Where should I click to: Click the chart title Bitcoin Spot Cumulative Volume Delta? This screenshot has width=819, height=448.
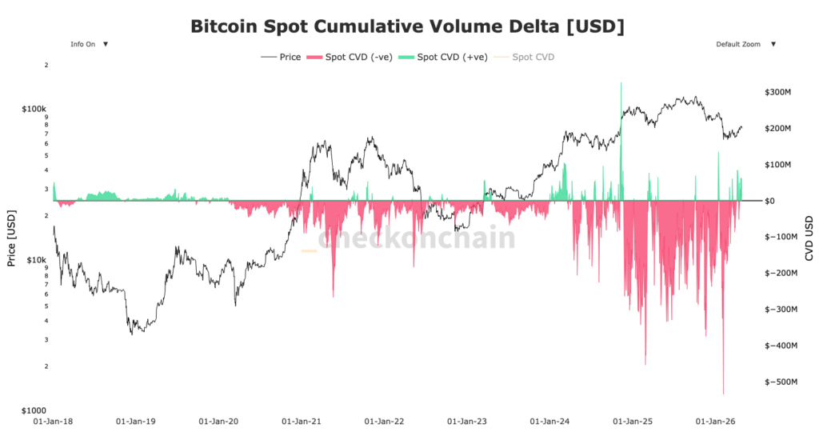click(407, 26)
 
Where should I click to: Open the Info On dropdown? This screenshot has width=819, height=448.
click(89, 44)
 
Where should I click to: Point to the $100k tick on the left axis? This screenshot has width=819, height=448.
click(35, 108)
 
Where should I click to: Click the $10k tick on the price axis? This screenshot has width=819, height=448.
click(37, 259)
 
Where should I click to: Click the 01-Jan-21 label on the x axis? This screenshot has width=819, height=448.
click(300, 421)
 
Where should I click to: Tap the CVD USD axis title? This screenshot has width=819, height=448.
click(809, 238)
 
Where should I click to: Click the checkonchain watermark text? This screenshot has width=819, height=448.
click(416, 238)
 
